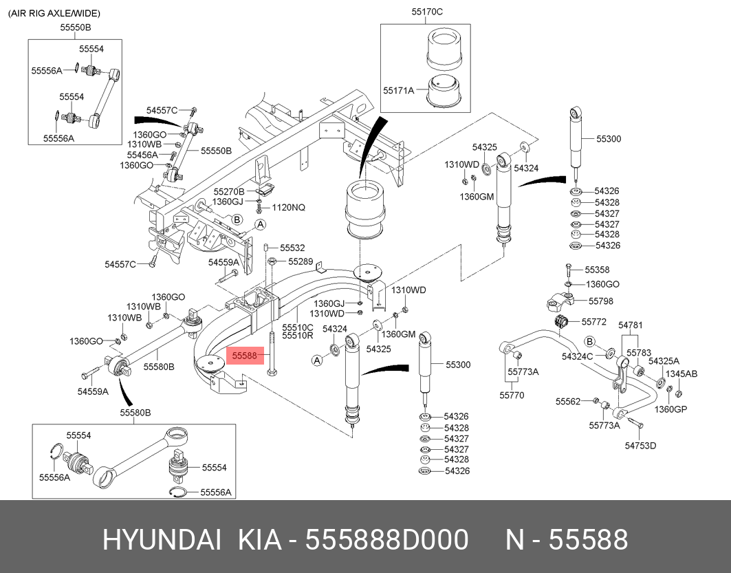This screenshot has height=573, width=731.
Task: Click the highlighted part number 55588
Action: pyautogui.click(x=244, y=356)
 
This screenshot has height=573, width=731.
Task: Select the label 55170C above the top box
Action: pyautogui.click(x=427, y=12)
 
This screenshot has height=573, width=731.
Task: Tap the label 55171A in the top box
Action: pyautogui.click(x=399, y=90)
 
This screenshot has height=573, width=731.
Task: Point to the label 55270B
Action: pyautogui.click(x=229, y=191)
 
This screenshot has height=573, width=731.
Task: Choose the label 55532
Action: pyautogui.click(x=292, y=248)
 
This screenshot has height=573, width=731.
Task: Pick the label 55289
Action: pyautogui.click(x=300, y=261)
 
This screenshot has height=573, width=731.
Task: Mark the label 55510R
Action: pyautogui.click(x=298, y=336)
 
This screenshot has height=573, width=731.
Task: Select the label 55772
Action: pyautogui.click(x=593, y=321)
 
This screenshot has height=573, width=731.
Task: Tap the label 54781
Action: pyautogui.click(x=630, y=325)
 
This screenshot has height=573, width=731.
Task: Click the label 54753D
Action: pyautogui.click(x=640, y=445)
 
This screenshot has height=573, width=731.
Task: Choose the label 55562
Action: pyautogui.click(x=568, y=400)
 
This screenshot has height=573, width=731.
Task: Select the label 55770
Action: pyautogui.click(x=512, y=395)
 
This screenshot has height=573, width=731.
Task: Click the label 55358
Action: pyautogui.click(x=597, y=270)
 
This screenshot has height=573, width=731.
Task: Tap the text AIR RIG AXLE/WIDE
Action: pyautogui.click(x=54, y=13)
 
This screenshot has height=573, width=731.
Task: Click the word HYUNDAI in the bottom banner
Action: pyautogui.click(x=162, y=540)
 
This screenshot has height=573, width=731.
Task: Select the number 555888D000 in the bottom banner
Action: pyautogui.click(x=386, y=540)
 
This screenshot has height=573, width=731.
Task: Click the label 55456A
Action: pyautogui.click(x=142, y=155)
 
